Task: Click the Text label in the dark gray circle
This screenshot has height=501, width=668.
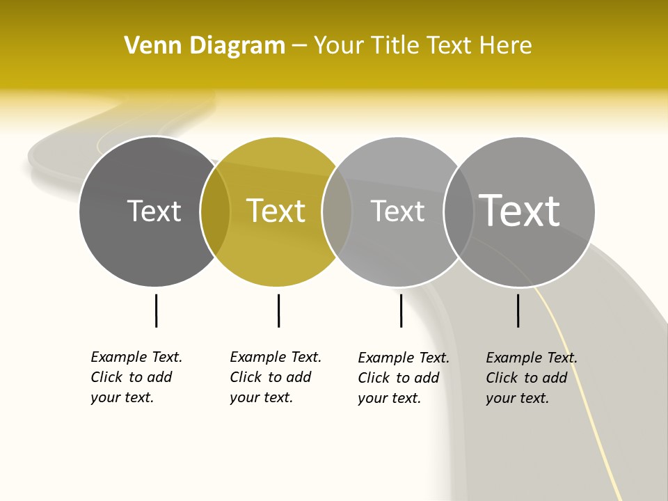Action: [x=154, y=211]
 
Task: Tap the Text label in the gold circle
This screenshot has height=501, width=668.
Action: [x=276, y=211]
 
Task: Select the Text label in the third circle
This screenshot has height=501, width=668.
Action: [x=397, y=211]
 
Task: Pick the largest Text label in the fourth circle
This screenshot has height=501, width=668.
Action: [x=519, y=211]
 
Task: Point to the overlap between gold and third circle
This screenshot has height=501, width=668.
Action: [x=337, y=212]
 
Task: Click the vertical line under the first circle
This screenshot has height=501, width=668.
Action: [x=156, y=310]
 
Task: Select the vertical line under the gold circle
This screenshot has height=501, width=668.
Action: [x=278, y=310]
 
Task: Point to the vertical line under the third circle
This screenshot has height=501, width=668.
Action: [x=401, y=310]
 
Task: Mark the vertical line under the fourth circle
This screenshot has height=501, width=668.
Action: [x=518, y=310]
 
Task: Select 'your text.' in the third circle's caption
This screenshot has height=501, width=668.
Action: [x=389, y=398]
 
